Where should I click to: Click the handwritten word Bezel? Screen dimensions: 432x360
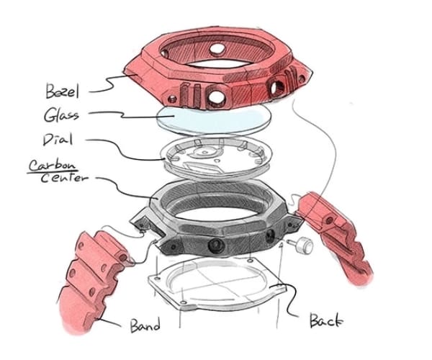pyautogui.click(x=62, y=91)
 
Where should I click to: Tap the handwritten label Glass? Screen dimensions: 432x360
pyautogui.click(x=61, y=114)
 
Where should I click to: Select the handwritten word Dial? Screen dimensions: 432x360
pyautogui.click(x=58, y=140)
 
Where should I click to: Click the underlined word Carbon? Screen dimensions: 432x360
pyautogui.click(x=52, y=166)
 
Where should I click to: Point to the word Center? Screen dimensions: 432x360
pyautogui.click(x=65, y=178)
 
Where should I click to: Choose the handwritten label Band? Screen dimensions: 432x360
pyautogui.click(x=145, y=325)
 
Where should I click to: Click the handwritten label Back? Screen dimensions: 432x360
pyautogui.click(x=326, y=320)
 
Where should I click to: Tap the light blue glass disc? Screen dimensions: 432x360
pyautogui.click(x=214, y=121)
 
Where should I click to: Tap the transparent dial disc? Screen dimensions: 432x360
pyautogui.click(x=216, y=156)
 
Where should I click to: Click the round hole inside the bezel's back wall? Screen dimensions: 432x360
pyautogui.click(x=217, y=49)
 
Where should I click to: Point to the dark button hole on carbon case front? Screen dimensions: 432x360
pyautogui.click(x=216, y=245)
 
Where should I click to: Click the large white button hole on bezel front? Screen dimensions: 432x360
pyautogui.click(x=217, y=96)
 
